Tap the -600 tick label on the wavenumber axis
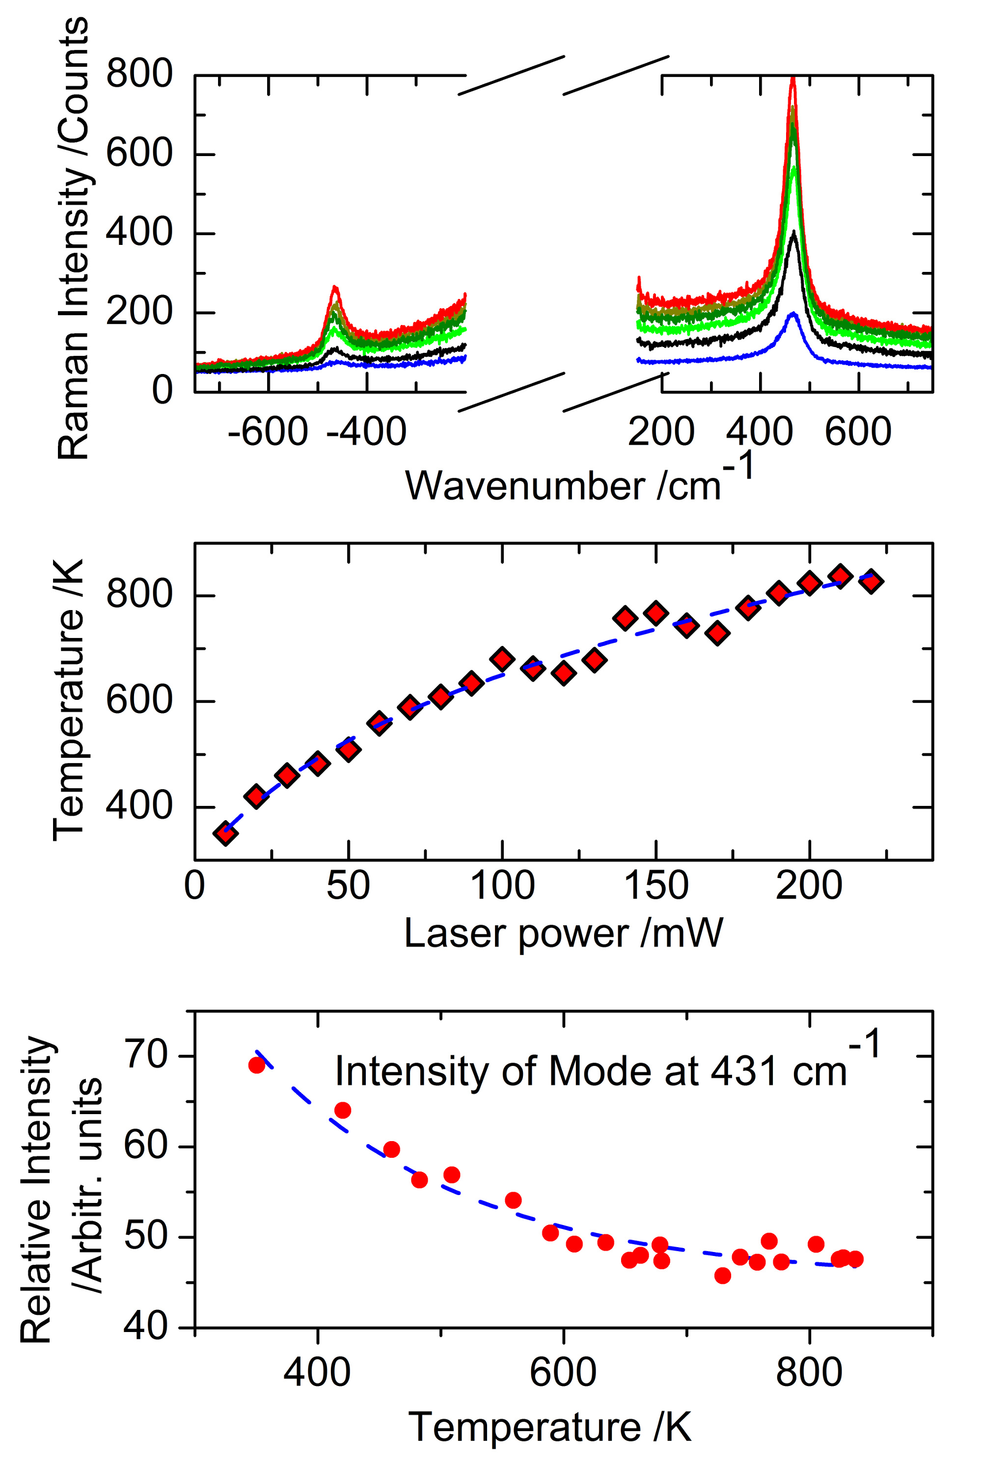pos(268,432)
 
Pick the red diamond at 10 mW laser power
pos(225,833)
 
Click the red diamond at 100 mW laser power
pos(502,659)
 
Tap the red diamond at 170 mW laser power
pos(718,633)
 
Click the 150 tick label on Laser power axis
pos(655,886)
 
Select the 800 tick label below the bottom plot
pos(809,1372)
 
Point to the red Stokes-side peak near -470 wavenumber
pos(335,288)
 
